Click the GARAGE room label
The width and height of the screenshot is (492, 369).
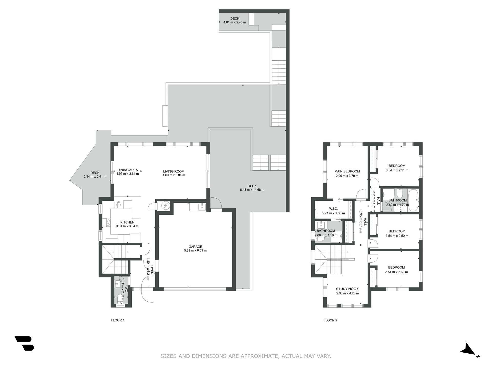pyautogui.click(x=195, y=247)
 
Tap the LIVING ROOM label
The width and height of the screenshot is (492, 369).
pyautogui.click(x=174, y=171)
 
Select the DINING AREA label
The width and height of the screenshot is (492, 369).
pyautogui.click(x=128, y=170)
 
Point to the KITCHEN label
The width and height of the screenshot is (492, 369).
pyautogui.click(x=127, y=222)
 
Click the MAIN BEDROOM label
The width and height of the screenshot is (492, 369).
pyautogui.click(x=347, y=171)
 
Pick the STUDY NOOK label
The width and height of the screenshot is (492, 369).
pyautogui.click(x=347, y=289)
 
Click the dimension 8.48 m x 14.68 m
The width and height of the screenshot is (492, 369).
pyautogui.click(x=252, y=190)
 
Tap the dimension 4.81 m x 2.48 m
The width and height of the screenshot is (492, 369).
pyautogui.click(x=235, y=22)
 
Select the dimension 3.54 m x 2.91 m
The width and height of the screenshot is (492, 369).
pyautogui.click(x=397, y=170)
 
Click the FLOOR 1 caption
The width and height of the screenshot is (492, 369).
pyautogui.click(x=118, y=320)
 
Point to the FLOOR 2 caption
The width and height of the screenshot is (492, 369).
pyautogui.click(x=331, y=320)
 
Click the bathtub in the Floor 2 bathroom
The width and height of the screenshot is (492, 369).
pyautogui.click(x=413, y=200)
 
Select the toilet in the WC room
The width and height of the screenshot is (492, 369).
pyautogui.click(x=120, y=299)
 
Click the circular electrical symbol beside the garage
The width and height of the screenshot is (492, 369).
pyautogui.click(x=165, y=205)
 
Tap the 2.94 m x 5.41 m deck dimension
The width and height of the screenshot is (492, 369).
pyautogui.click(x=95, y=177)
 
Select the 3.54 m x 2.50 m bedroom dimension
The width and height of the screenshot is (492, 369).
pyautogui.click(x=397, y=236)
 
